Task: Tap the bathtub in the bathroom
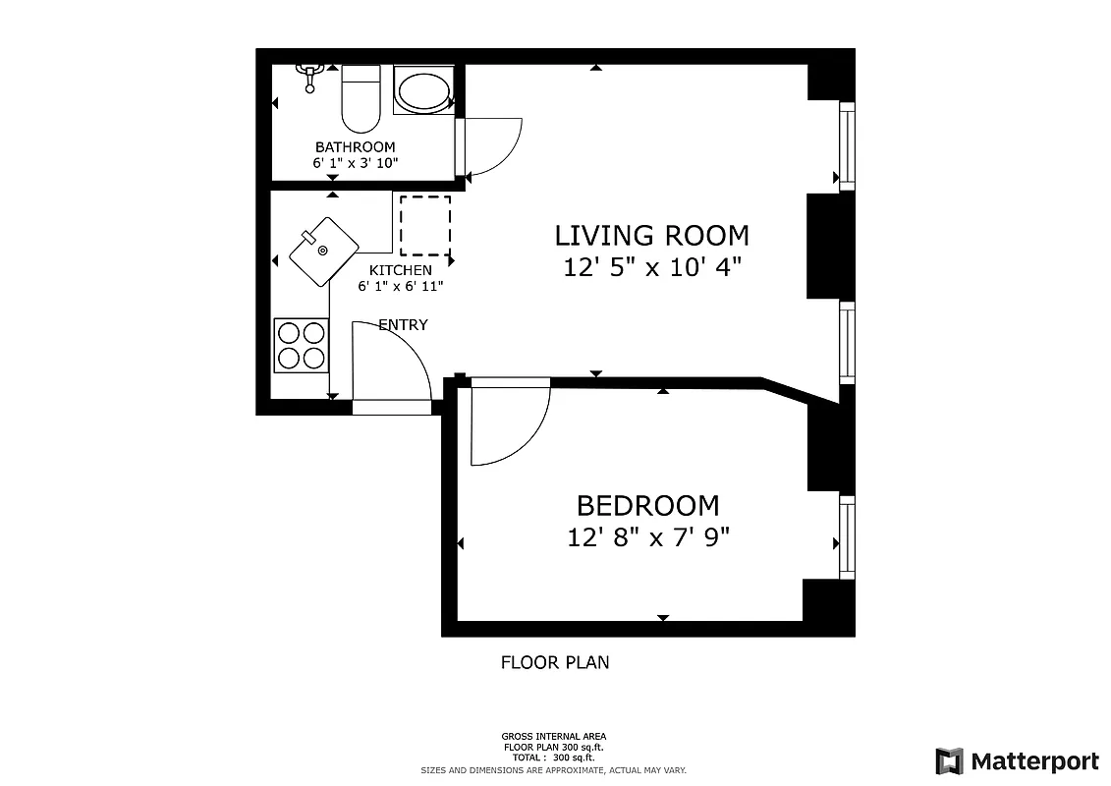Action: coord(423,91)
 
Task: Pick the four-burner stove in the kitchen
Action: coord(301,345)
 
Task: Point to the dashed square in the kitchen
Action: coord(425,226)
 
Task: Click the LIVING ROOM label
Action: coord(651,236)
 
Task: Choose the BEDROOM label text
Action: coord(647,506)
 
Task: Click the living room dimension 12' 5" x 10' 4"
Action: coord(651,267)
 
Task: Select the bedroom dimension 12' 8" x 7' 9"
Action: coord(647,537)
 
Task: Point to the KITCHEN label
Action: coord(400,270)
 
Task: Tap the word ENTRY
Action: coord(403,325)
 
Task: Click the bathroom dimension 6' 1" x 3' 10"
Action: coord(355,163)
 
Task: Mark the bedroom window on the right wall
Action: coord(846,537)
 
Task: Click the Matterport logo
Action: coord(1017,760)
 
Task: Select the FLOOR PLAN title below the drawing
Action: coord(555,662)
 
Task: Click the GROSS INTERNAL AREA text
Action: coord(554,736)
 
